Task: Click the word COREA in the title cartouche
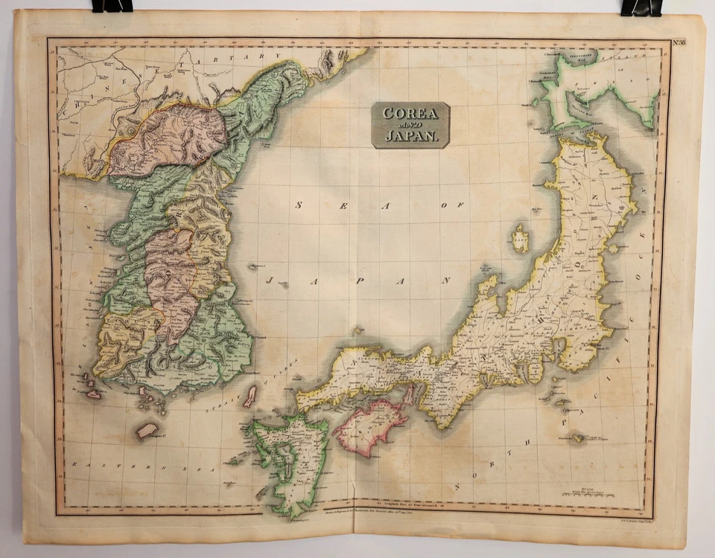[410, 114]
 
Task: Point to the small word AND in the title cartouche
[410, 125]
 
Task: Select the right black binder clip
[641, 7]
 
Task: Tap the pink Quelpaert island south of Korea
[147, 430]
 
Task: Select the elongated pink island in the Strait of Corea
[251, 396]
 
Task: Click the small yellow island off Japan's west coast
[520, 239]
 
